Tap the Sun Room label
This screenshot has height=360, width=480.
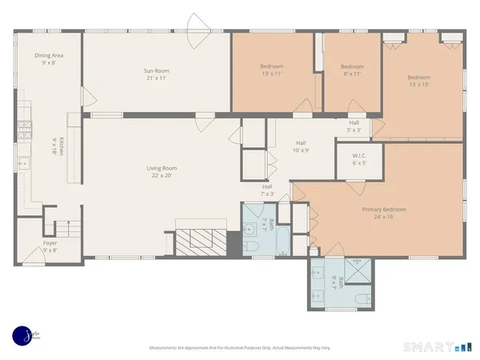click(x=158, y=74)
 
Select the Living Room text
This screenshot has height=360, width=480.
click(x=161, y=171)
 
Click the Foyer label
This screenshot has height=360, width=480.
click(x=50, y=246)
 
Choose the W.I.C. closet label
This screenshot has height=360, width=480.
click(x=359, y=158)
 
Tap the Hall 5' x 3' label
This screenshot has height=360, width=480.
click(x=354, y=126)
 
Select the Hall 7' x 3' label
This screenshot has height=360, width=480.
click(x=267, y=190)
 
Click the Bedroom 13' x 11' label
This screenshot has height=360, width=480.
click(x=272, y=70)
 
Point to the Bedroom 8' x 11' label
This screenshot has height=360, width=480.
click(x=352, y=70)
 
